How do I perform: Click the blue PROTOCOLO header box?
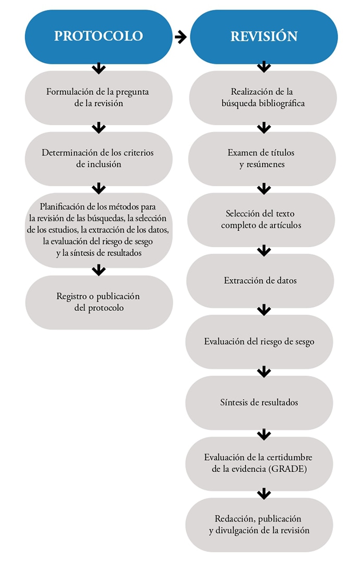coord(99,37)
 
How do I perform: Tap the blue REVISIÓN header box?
coord(264,37)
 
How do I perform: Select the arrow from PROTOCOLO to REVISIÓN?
coord(181,37)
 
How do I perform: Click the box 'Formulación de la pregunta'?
coord(99,98)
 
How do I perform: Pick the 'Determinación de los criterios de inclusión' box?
coord(99,159)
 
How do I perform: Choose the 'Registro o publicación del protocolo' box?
coord(99,302)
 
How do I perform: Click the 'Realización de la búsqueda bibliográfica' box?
coord(263,98)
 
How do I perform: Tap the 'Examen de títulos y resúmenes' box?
coord(262,159)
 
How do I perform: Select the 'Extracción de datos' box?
coord(260,281)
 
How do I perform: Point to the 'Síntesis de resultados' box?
coord(259,403)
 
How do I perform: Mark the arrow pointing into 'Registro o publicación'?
coord(99,270)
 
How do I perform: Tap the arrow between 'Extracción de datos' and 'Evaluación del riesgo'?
coord(264,310)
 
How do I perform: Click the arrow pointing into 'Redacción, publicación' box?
coord(264,493)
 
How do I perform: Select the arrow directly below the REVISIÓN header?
coord(264,67)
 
